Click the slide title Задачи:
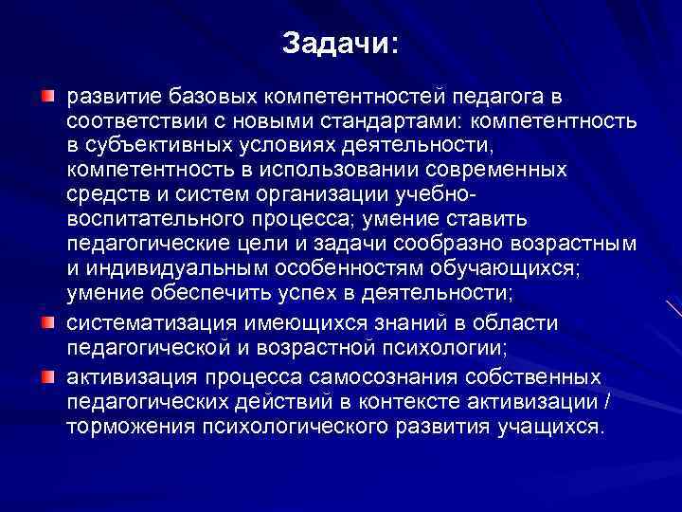(341, 44)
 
